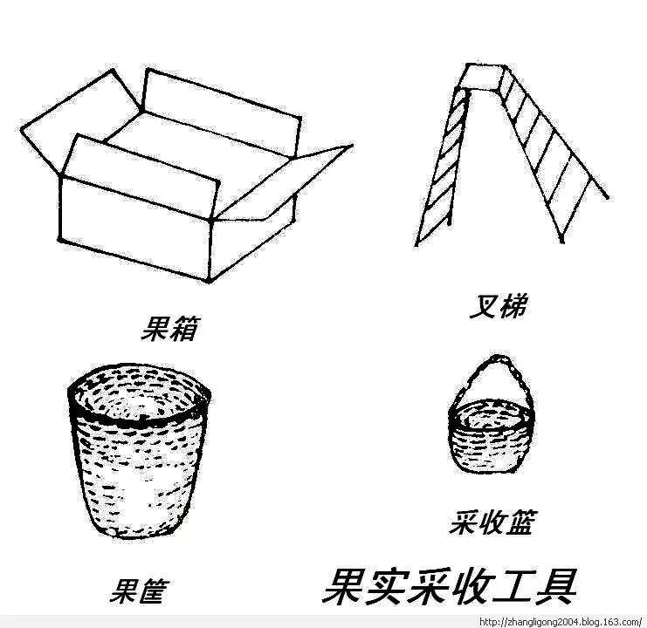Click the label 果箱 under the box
(x=170, y=331)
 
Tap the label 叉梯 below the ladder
(x=497, y=306)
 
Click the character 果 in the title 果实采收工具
(x=346, y=586)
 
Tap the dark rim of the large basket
(x=140, y=419)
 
